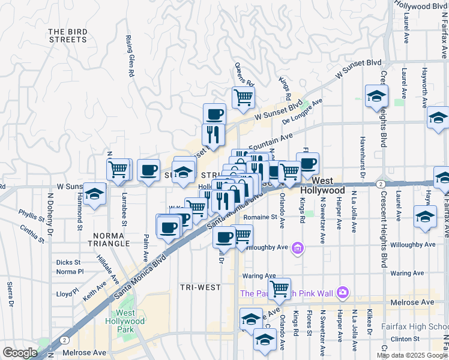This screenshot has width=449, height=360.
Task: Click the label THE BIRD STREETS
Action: click(x=67, y=35)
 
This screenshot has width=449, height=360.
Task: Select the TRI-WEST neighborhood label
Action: click(x=200, y=287)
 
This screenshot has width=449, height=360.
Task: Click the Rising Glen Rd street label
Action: click(x=129, y=56)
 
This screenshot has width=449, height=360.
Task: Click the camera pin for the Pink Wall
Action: click(x=343, y=293)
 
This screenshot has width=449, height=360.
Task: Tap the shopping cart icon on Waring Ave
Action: click(x=279, y=289)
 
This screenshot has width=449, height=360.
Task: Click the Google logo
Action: click(x=19, y=353)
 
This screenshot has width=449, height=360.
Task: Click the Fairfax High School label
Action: click(x=415, y=327)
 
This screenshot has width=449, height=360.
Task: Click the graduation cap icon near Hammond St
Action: click(x=94, y=194)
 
